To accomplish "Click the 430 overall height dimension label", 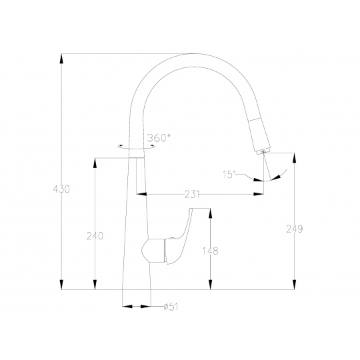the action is click(x=61, y=189).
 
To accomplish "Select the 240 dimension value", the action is click(x=95, y=236).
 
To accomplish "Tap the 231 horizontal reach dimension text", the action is click(x=192, y=195).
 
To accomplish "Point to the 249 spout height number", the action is click(x=295, y=229).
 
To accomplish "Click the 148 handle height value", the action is click(x=210, y=251).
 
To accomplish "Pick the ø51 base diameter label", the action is click(x=171, y=307).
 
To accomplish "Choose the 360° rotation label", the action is click(x=159, y=137).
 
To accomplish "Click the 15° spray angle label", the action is click(x=229, y=175).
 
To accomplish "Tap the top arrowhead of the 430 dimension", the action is click(x=61, y=59).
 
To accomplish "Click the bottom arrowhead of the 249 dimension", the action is click(x=295, y=285).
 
